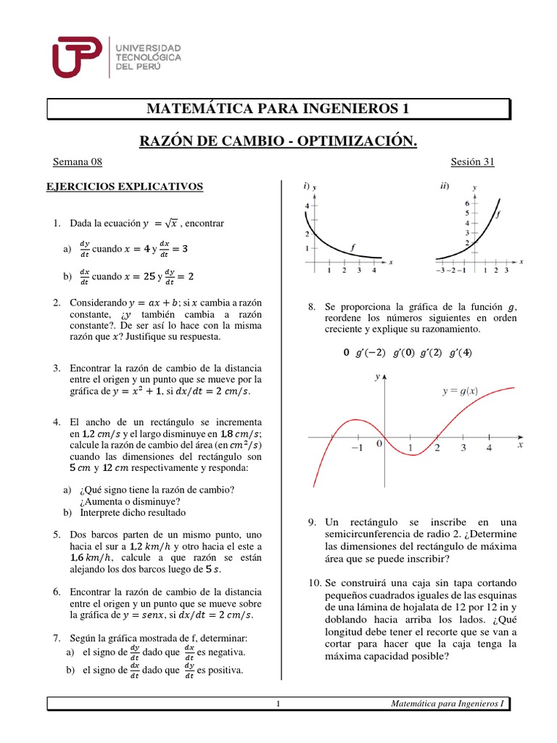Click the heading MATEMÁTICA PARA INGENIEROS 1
coord(278,109)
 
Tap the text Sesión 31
coord(472,162)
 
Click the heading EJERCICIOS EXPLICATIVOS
coord(125,186)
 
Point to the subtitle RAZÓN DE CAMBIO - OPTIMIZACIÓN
coord(278,139)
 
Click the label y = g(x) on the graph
coord(470,391)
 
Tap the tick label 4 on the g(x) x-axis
coord(489,448)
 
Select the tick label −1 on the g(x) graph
coord(357,448)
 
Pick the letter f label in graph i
coord(353,247)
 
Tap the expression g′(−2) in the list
coord(368,353)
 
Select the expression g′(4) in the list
coord(461,353)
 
